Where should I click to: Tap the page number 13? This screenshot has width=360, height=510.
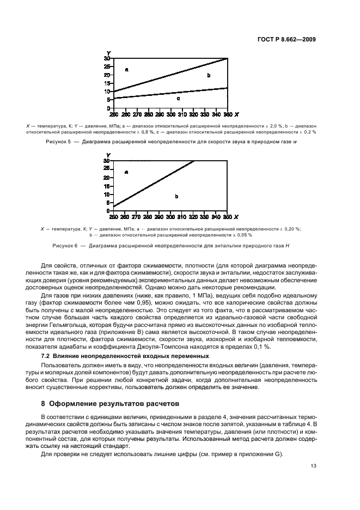coord(312,465)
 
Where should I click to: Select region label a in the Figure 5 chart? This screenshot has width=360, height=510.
coord(126,69)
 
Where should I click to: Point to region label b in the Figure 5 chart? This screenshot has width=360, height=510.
coord(209,75)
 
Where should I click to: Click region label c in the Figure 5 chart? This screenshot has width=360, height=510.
coord(178,99)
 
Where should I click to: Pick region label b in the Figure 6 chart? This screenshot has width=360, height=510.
coord(176,196)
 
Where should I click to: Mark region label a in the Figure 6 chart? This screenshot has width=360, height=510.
coord(126,172)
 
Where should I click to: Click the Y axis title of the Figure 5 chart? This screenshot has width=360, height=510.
coord(108,53)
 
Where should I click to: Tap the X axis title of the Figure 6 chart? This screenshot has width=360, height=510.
coord(236,217)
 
